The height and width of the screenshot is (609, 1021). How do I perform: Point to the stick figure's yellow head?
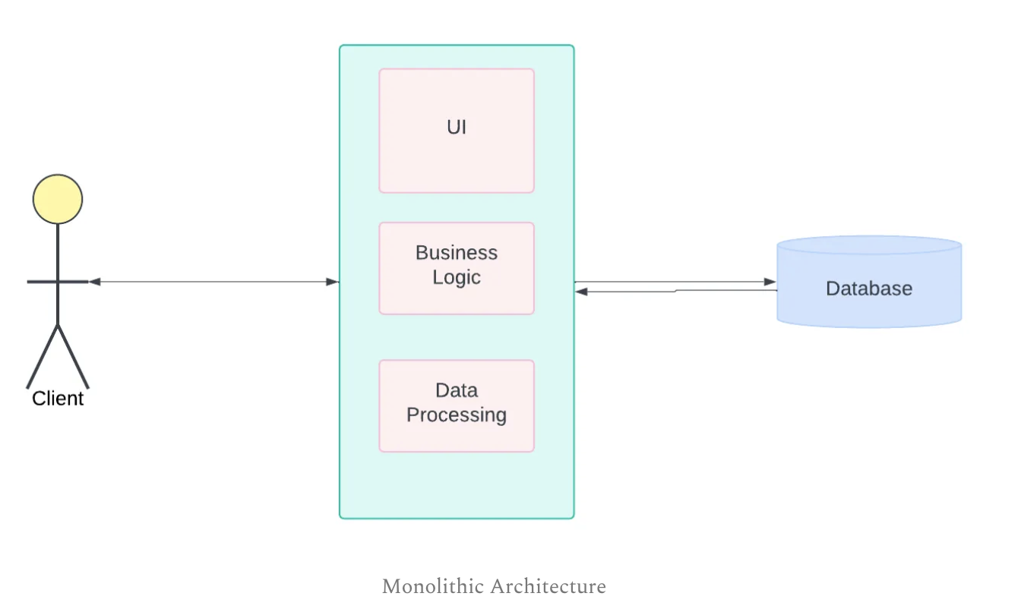[58, 199]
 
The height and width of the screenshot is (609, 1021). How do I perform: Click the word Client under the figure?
[58, 399]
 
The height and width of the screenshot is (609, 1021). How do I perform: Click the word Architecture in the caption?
[548, 587]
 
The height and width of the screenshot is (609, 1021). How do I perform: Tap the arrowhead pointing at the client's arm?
[95, 282]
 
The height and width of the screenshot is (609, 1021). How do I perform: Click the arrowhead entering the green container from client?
[332, 282]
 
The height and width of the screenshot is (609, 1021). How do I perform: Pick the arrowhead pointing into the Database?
[770, 282]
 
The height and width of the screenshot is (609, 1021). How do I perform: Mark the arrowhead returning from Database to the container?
[582, 292]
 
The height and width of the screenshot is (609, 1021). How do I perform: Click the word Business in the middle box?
[457, 253]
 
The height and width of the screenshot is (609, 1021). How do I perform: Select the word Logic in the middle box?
[457, 277]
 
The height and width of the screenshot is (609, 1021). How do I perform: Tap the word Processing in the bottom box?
[457, 415]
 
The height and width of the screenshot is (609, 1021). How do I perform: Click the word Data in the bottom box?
[457, 390]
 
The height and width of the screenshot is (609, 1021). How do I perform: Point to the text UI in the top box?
[457, 128]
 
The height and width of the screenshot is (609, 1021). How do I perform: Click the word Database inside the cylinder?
[869, 289]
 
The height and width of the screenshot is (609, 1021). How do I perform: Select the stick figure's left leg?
[43, 356]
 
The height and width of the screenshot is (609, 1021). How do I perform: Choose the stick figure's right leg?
[74, 356]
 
